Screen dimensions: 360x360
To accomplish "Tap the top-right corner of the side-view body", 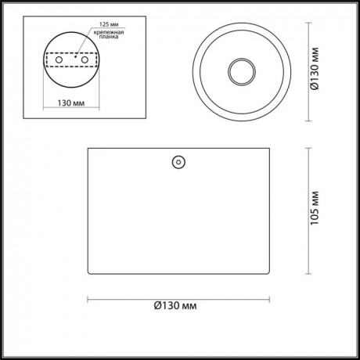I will click(270, 148).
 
